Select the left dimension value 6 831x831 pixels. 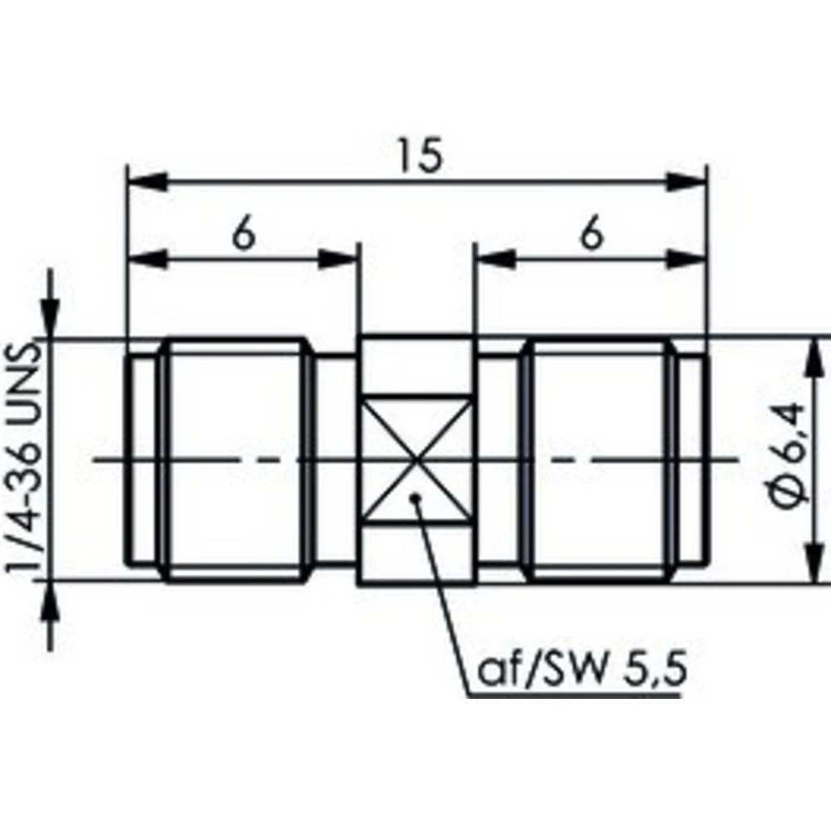(x=243, y=236)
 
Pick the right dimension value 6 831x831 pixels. (x=591, y=236)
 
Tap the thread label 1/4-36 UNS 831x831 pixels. (x=25, y=459)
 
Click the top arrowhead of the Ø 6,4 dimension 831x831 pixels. (x=812, y=353)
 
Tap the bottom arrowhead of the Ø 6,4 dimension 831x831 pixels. (x=812, y=565)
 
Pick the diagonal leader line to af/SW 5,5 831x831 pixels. (x=442, y=590)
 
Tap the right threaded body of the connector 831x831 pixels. (x=598, y=459)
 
